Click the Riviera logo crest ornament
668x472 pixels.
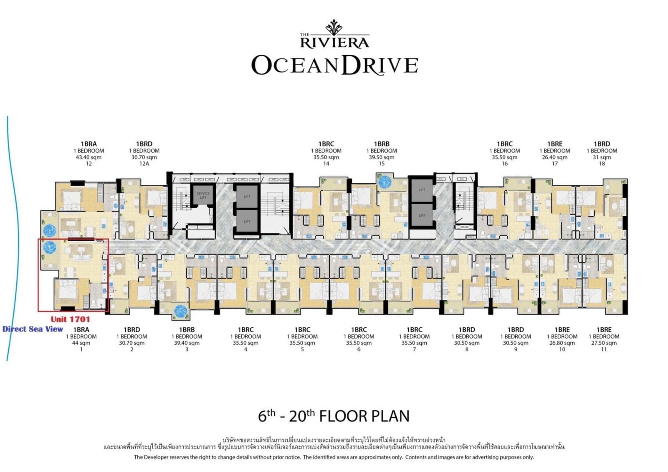point(334,27)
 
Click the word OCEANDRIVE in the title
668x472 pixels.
point(334,65)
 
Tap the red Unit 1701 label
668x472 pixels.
point(70,319)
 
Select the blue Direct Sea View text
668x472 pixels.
point(33,329)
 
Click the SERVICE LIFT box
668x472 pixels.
point(203,195)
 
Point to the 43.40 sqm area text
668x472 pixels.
point(89,157)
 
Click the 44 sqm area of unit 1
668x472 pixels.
point(81,343)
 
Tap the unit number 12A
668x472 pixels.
point(144,164)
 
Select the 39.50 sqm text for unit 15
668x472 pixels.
point(382,157)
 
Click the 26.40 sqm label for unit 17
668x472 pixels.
point(554,157)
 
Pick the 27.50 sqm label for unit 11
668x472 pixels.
point(604,343)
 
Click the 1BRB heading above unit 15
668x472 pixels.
point(382,144)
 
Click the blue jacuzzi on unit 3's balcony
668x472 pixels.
point(181,310)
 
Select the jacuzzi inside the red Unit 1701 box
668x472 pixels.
point(50,247)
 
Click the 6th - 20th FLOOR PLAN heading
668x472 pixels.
point(334,416)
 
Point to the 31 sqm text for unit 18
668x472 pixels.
point(602,157)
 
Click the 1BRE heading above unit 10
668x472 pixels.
point(562,330)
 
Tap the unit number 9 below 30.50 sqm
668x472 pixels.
point(516,349)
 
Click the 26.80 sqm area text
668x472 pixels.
point(562,343)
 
